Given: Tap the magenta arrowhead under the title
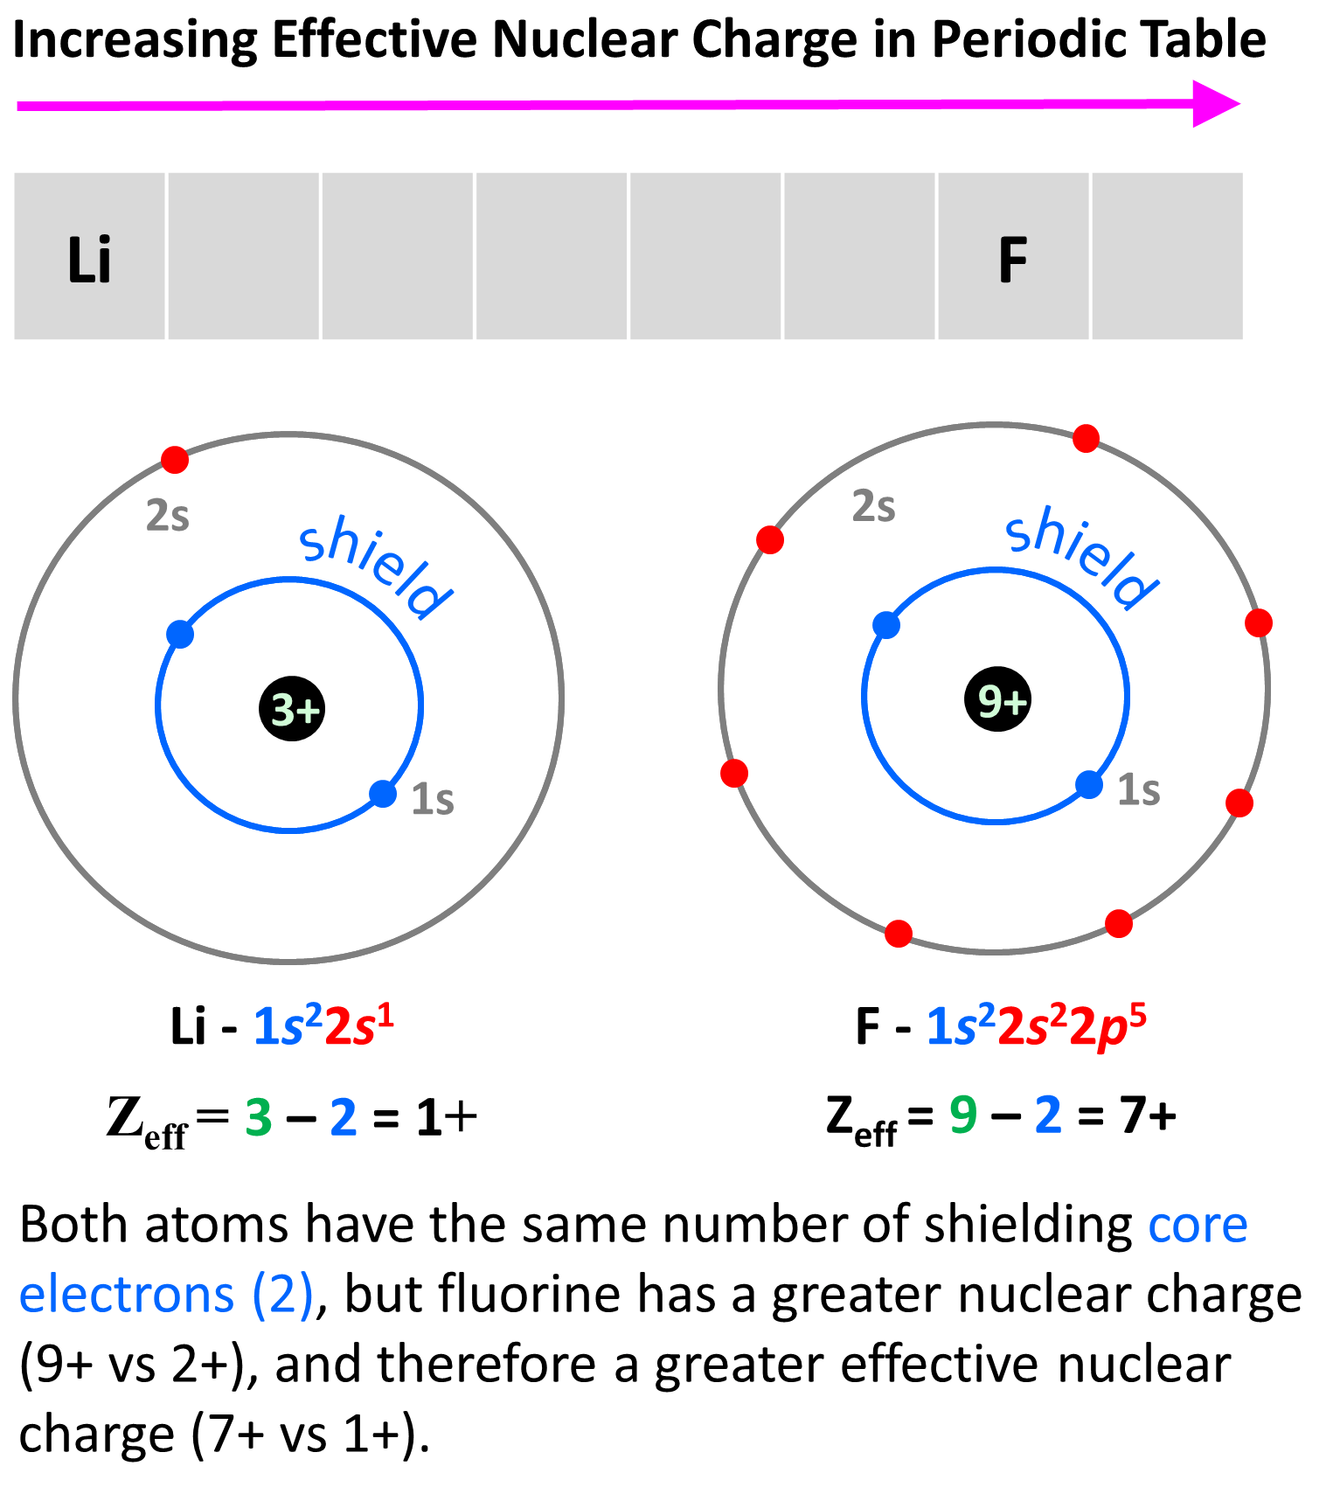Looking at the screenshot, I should pos(1215,104).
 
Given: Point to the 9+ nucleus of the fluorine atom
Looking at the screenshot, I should pos(998,699).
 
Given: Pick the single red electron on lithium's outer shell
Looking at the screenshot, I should pos(175,459).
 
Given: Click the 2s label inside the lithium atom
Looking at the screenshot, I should pos(167,516).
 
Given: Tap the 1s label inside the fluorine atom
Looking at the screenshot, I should pos(1139,789).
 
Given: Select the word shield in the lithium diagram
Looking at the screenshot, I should pos(375,567).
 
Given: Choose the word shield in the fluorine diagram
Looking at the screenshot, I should pos(1081,557).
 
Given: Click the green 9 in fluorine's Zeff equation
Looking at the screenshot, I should pos(963,1115).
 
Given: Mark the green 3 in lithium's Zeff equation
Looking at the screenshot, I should pos(259,1117).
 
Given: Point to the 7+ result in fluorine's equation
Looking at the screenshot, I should pos(1147,1115).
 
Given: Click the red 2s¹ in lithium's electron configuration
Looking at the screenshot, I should pos(359,1025).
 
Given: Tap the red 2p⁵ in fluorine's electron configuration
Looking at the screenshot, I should pos(1107,1025).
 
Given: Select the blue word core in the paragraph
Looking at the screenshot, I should pos(1198,1224).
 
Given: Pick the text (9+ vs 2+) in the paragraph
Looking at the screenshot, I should pos(130,1364).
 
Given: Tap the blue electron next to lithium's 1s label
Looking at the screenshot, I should pos(383,794).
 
